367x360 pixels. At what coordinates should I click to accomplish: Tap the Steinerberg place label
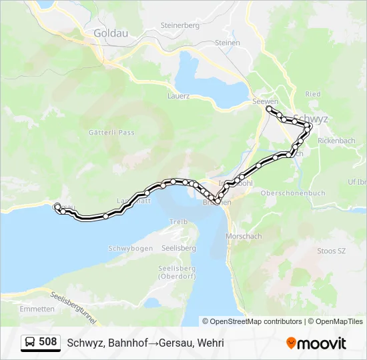(179, 25)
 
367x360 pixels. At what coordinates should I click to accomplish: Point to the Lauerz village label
(178, 95)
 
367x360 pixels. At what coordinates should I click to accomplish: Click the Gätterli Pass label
(111, 133)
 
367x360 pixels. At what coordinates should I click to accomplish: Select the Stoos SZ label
(331, 251)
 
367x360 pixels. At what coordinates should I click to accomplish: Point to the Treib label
(178, 221)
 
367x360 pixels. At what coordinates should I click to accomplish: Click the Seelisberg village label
(176, 249)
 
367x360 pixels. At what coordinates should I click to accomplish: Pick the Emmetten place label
(37, 309)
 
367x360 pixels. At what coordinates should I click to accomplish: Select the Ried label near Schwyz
(312, 95)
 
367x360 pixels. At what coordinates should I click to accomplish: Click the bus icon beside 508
(31, 343)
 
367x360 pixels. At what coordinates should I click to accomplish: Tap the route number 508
(48, 343)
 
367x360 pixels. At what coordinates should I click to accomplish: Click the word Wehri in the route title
(210, 343)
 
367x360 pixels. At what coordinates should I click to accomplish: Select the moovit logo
(316, 343)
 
